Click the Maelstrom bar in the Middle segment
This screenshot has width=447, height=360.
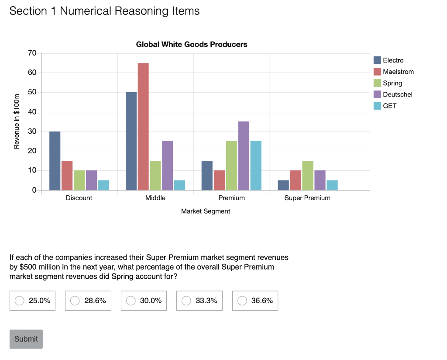coord(143,127)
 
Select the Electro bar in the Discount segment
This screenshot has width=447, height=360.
coord(55,161)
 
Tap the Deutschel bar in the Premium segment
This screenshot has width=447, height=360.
coord(244,156)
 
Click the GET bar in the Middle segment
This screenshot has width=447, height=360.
coord(179,185)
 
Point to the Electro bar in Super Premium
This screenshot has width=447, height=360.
coord(283,185)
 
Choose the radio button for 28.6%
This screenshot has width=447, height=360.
coord(75,301)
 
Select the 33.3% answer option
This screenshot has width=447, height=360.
coord(186,301)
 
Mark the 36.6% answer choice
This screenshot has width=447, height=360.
coord(242,301)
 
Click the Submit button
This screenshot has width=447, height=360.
coord(26,339)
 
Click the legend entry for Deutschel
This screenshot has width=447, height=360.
coord(397,94)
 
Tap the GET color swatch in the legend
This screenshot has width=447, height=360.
coord(378,106)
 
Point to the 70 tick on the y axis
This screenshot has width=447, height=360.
coord(32,53)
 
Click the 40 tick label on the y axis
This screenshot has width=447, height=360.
coord(32,112)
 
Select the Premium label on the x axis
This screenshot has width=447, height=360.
coord(231,198)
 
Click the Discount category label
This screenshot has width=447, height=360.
coord(79,198)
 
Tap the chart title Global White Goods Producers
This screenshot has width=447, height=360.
coord(192,44)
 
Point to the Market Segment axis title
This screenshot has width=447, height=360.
coord(205,211)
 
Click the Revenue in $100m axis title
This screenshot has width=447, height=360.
coord(17,121)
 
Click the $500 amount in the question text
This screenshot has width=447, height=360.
coord(29,267)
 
